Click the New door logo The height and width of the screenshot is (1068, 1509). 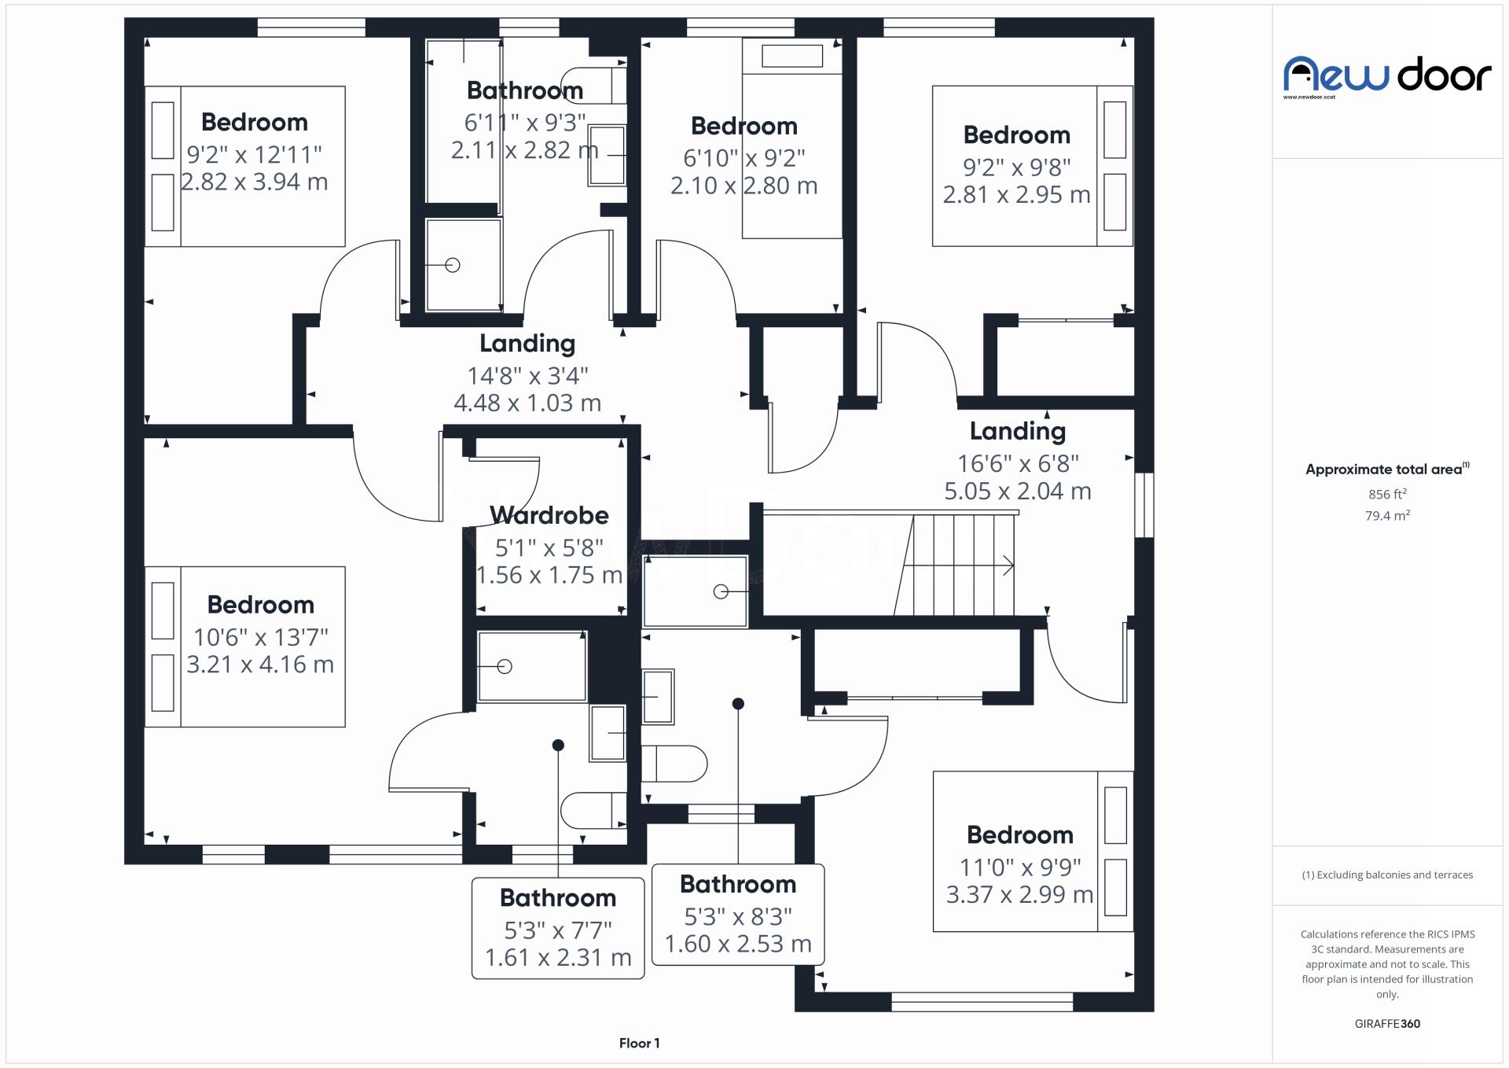click(1387, 76)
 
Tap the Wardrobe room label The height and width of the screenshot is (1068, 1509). click(549, 516)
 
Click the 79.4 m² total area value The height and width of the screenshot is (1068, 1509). click(1387, 516)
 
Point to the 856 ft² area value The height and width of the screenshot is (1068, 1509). click(1387, 495)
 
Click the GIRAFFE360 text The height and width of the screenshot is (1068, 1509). click(1387, 1024)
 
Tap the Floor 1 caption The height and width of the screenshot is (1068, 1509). click(639, 1044)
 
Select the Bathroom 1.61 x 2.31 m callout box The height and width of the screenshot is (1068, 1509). click(558, 928)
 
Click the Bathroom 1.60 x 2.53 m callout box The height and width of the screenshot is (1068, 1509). click(738, 915)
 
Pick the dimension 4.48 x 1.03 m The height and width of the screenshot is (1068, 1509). click(527, 403)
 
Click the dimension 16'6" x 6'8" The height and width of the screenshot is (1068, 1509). click(1018, 464)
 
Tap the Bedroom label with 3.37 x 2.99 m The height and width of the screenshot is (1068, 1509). click(1019, 835)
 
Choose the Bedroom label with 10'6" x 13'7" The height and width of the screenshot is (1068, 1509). click(260, 605)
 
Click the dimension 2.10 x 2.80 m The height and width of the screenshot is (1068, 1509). click(743, 186)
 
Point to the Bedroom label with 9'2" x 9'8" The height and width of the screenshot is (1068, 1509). click(1016, 135)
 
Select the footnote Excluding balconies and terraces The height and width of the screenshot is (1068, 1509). click(1387, 875)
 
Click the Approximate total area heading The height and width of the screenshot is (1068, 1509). click(1385, 470)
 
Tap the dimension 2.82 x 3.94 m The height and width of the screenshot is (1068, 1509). click(254, 182)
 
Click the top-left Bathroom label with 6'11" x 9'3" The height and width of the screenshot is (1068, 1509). click(525, 91)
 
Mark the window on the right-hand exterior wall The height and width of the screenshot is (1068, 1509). click(1145, 505)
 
